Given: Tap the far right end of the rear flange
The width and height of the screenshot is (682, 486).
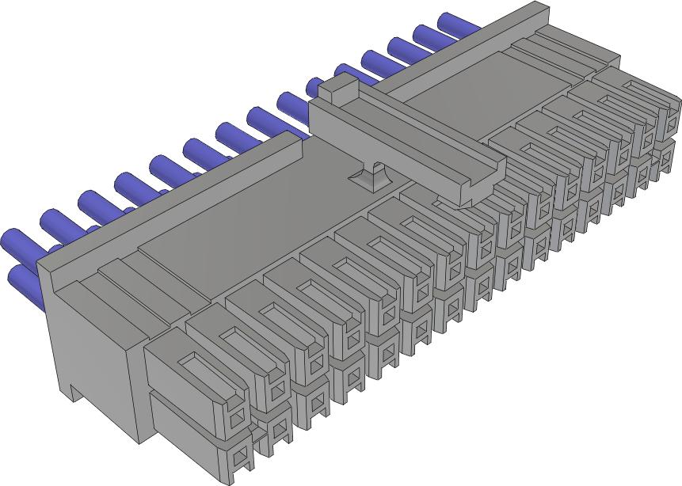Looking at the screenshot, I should [x=539, y=11].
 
